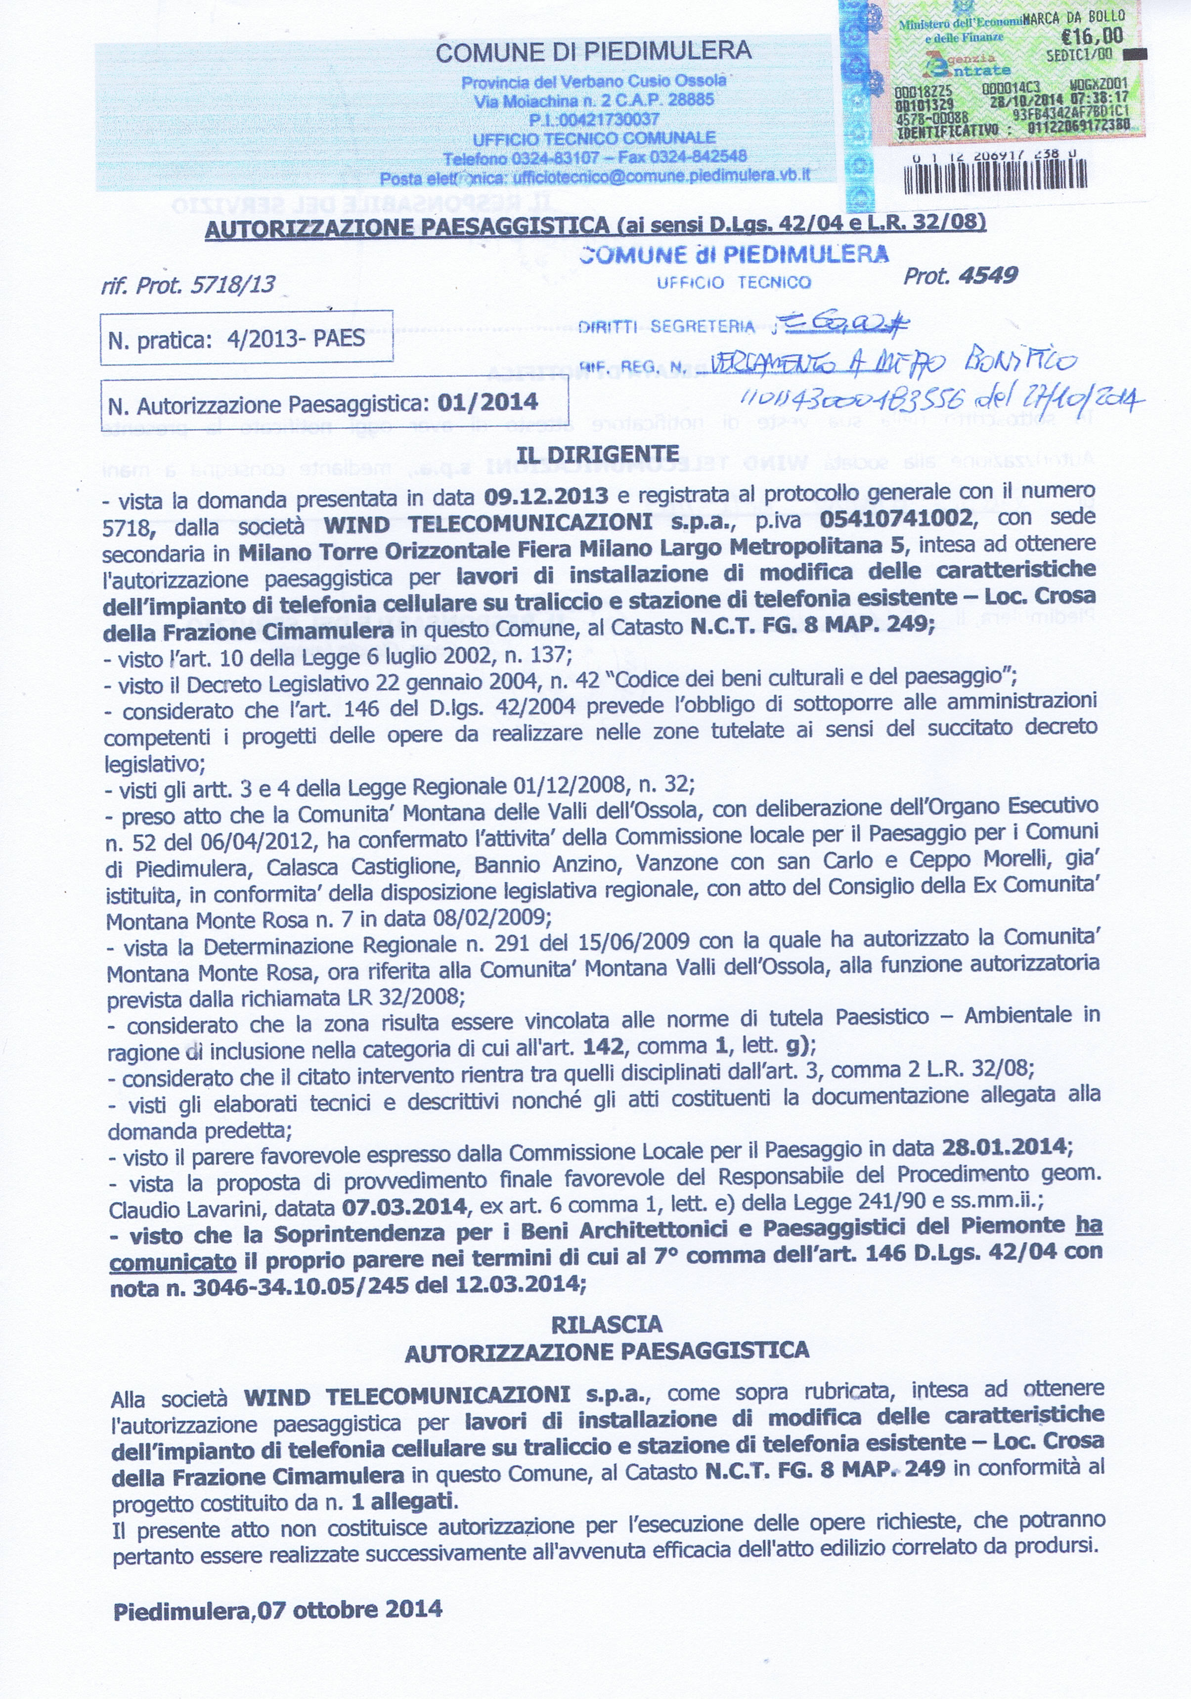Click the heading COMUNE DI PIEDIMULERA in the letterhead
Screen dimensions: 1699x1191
[x=594, y=52]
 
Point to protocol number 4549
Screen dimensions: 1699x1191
[x=987, y=276]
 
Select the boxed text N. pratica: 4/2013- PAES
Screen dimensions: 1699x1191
[x=236, y=339]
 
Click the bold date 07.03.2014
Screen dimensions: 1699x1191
[x=404, y=1207]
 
